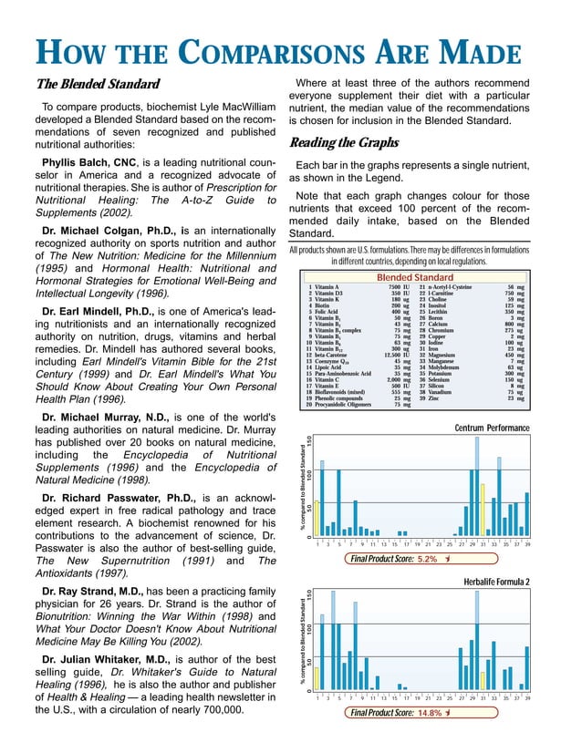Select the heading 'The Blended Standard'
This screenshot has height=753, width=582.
click(98, 85)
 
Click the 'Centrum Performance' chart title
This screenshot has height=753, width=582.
click(492, 428)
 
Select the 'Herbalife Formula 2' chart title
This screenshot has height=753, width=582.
click(497, 582)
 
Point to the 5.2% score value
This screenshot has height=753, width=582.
click(427, 560)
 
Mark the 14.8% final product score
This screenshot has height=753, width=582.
click(429, 713)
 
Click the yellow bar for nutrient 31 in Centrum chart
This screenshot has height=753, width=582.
click(483, 511)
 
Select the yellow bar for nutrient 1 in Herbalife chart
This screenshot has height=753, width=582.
click(316, 677)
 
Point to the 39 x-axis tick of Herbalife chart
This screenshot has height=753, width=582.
click(527, 698)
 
